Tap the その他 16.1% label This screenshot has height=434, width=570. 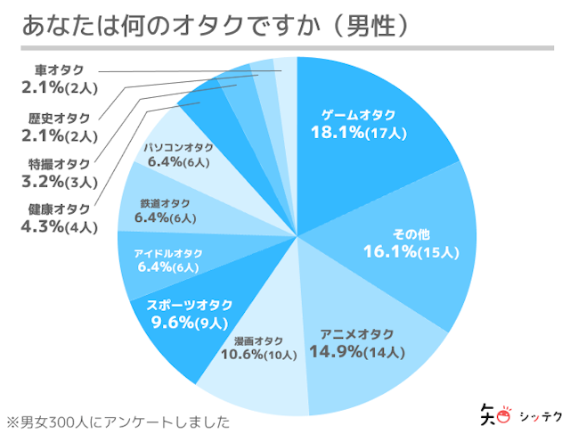(411, 242)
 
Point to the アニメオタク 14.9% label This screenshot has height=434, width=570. (356, 343)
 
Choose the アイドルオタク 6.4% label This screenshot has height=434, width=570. (168, 259)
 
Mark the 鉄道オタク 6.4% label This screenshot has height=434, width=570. (164, 210)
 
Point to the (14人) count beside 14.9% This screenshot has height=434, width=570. (384, 352)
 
